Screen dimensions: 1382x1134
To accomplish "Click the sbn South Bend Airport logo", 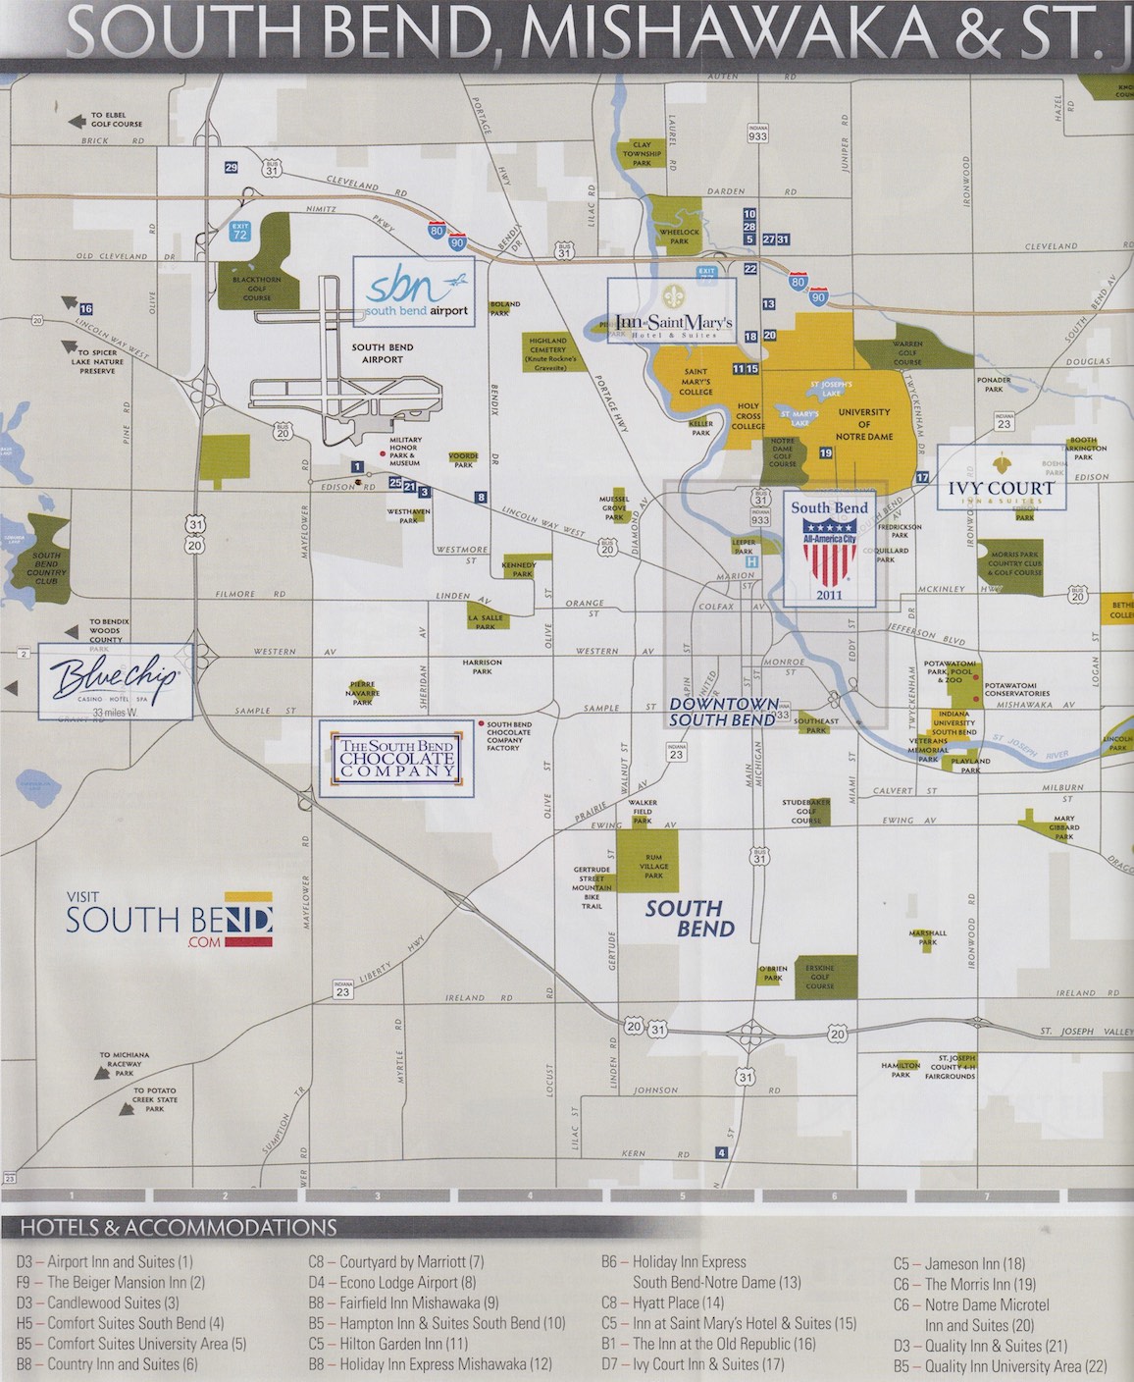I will coord(413,292).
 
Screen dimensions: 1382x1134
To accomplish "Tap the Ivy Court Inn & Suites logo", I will coord(1000,478).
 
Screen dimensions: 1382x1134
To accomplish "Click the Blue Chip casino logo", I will coord(116,680).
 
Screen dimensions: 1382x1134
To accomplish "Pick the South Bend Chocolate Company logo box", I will coord(396,759).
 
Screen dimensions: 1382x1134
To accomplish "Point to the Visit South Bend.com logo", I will coord(169,920).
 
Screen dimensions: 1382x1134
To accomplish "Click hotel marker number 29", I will coord(232,168).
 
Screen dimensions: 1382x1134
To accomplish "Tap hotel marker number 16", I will coord(86,309).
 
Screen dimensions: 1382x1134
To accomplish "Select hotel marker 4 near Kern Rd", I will coord(722,1153).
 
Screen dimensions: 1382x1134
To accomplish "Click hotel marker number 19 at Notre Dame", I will coord(826,452).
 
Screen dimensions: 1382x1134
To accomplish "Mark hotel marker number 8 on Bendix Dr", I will coord(481,498).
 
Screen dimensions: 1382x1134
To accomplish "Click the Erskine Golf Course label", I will coord(819,977).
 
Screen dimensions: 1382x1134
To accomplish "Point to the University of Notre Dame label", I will coord(863,424).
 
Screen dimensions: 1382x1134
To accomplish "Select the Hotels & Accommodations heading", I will coord(179,1227).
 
